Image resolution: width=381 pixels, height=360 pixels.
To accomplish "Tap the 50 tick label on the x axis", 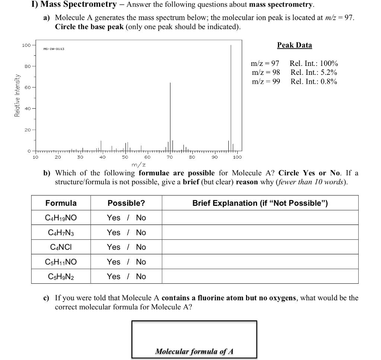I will point(125,157).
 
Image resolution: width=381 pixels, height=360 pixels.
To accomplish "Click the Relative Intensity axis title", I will point(17,96).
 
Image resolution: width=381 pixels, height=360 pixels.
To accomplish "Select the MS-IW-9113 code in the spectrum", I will point(54,49).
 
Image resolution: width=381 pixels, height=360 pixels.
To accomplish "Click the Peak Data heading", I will point(294,45).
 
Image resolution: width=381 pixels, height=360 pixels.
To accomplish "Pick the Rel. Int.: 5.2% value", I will point(314,73).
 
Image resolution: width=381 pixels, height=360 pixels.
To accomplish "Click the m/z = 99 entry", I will point(266,82).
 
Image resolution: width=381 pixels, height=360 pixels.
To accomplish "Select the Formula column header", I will point(61,203).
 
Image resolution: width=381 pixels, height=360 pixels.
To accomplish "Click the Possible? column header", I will point(126,203).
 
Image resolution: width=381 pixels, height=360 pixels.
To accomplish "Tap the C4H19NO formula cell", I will point(61,218).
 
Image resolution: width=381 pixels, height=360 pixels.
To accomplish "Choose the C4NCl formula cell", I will point(61,247).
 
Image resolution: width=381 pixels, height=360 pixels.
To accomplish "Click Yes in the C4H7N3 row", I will point(113,233).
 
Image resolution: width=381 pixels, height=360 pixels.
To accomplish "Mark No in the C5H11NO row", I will point(141,262).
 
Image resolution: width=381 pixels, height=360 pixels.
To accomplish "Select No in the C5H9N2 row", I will point(141,277).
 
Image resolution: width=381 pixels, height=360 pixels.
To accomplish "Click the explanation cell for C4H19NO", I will point(260,218).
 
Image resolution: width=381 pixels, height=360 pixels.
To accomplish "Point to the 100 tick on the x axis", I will point(237,157).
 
